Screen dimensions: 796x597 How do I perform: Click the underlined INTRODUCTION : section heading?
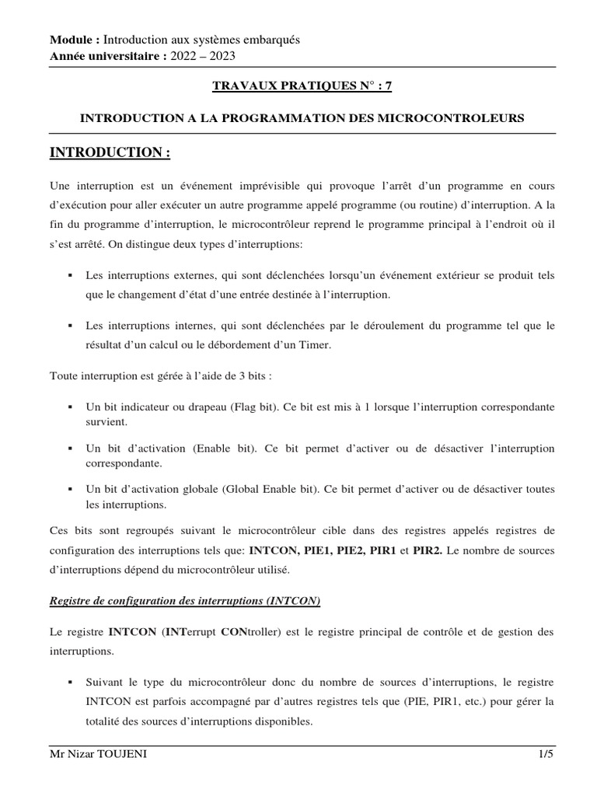pos(109,153)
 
